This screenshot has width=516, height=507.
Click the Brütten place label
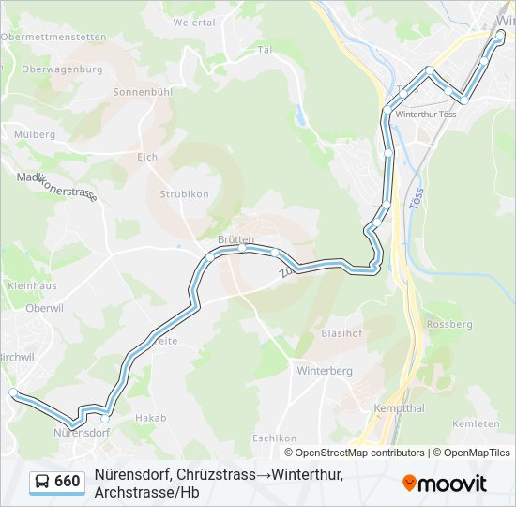click(x=235, y=239)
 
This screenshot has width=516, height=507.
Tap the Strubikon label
click(x=183, y=194)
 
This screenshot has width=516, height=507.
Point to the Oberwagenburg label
click(x=61, y=69)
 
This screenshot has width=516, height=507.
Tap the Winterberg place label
click(x=324, y=371)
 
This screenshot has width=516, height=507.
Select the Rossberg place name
click(x=449, y=324)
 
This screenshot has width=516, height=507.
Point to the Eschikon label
click(x=274, y=438)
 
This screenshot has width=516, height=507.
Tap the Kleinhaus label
click(x=32, y=285)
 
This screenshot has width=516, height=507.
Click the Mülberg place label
click(x=35, y=135)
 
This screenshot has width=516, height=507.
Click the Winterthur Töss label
click(x=426, y=114)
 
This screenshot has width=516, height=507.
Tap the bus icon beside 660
click(x=42, y=482)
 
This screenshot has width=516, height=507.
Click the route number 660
click(x=68, y=482)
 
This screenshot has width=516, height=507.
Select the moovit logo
click(x=445, y=483)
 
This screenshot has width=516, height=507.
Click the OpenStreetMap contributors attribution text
click(x=347, y=453)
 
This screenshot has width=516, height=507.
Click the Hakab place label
click(x=150, y=418)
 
